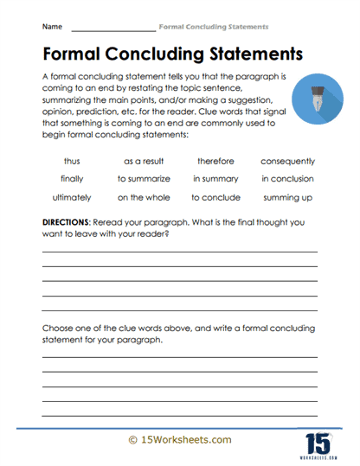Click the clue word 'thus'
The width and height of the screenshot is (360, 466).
click(x=73, y=161)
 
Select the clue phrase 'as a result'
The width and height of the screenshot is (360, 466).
click(x=144, y=161)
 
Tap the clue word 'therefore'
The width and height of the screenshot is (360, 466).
click(x=215, y=161)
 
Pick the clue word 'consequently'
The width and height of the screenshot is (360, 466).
click(x=287, y=161)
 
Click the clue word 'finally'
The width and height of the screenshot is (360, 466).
click(x=73, y=179)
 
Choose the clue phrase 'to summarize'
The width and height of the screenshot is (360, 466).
click(x=144, y=179)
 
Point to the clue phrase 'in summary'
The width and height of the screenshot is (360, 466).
click(x=215, y=179)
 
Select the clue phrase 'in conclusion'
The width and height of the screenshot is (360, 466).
click(x=287, y=179)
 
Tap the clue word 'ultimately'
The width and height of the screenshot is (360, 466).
click(x=73, y=197)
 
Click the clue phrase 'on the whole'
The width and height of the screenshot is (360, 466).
click(x=144, y=197)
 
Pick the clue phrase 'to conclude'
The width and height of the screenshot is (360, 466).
click(x=215, y=197)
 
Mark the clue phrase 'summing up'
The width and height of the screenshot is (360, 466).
click(x=287, y=197)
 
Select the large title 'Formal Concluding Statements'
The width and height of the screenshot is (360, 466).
click(x=172, y=54)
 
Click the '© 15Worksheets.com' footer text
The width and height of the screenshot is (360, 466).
click(x=179, y=439)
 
